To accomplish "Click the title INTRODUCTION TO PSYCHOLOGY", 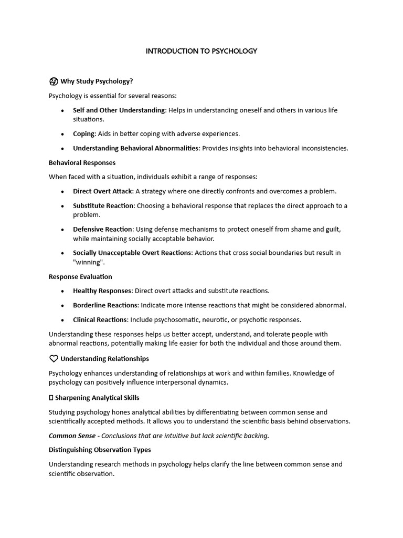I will pos(201,51).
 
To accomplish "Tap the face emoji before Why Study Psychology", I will pos(53,81).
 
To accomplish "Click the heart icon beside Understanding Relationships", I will pos(53,359).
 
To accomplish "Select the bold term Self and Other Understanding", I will pos(119,110).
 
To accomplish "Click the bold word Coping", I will pos(84,134).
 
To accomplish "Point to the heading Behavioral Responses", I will pos(82,162).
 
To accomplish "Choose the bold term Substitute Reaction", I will pos(104,206).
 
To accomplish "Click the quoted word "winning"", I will pos(89,262).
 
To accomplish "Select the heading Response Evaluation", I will pos(80,276).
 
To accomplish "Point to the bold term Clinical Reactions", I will pos(100,319).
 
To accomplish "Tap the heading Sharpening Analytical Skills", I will pos(97,398).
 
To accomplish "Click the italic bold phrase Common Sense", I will pos(72,436).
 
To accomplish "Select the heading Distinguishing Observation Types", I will pos(100,450).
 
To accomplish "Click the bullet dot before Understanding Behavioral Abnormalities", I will pos(62,149).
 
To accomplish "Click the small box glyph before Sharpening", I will pos(51,398).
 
